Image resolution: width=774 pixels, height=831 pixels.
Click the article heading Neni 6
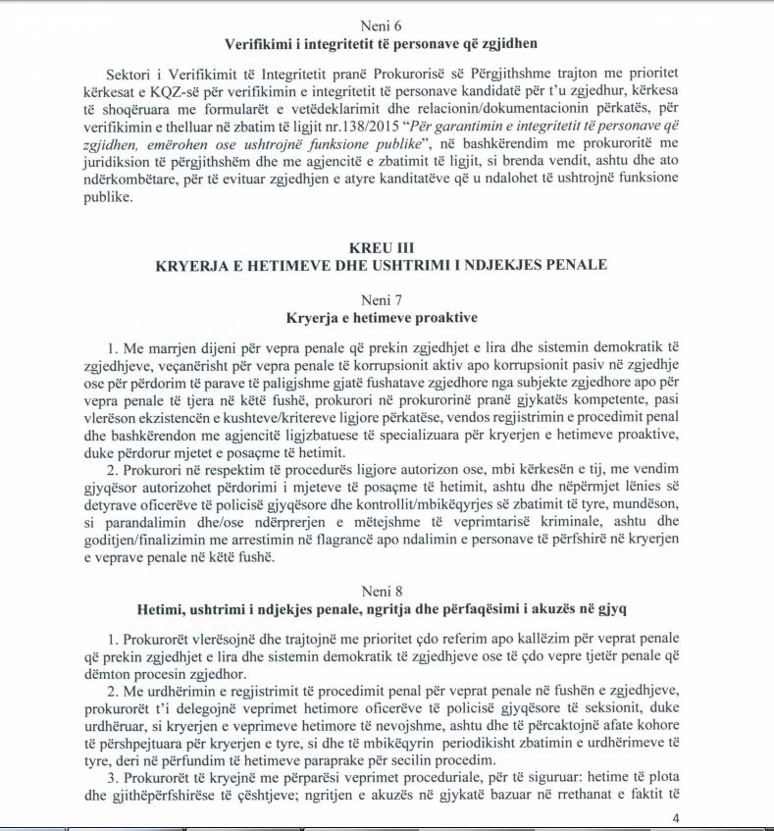[x=387, y=26]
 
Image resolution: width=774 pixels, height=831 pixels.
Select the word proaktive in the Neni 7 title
[x=447, y=319]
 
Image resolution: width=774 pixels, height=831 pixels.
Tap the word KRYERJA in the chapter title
[x=192, y=265]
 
